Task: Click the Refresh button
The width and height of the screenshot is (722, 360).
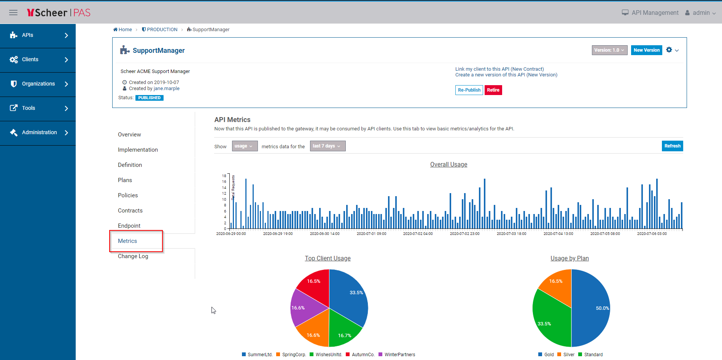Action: [x=672, y=146]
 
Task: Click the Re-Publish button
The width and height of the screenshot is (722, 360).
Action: [x=469, y=90]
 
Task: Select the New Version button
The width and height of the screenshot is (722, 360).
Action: [x=646, y=50]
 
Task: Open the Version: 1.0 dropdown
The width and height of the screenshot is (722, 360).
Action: [x=609, y=50]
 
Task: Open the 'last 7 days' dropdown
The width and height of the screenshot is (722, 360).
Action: [x=327, y=146]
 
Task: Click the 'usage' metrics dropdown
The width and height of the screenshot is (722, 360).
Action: [x=244, y=146]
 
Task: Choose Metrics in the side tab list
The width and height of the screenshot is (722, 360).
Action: [x=127, y=241]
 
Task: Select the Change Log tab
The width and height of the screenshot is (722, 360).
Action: [x=133, y=256]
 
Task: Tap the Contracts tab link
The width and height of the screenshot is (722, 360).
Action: [x=130, y=211]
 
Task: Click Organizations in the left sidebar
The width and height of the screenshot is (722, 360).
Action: [x=38, y=84]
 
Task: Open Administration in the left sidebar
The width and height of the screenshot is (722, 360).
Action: [x=39, y=133]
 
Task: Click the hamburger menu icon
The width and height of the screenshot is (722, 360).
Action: [x=13, y=13]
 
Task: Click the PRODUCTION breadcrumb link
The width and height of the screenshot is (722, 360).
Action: [x=162, y=30]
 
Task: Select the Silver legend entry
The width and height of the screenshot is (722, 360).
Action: [x=568, y=355]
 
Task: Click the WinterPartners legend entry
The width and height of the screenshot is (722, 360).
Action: [x=399, y=355]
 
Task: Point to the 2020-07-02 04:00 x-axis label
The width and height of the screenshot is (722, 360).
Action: [x=418, y=234]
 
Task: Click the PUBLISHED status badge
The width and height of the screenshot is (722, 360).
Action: [x=149, y=98]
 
